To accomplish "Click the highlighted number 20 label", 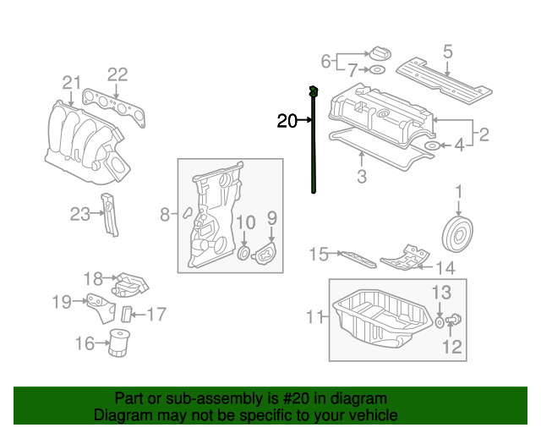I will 287,121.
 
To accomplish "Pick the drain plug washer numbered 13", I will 440,322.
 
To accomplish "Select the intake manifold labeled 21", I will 80,135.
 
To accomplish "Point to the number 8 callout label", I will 166,215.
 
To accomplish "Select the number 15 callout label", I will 318,254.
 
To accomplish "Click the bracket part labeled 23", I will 109,216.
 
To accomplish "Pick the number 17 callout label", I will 156,315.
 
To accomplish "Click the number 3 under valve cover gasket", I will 361,177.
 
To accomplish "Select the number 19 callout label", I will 62,302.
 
